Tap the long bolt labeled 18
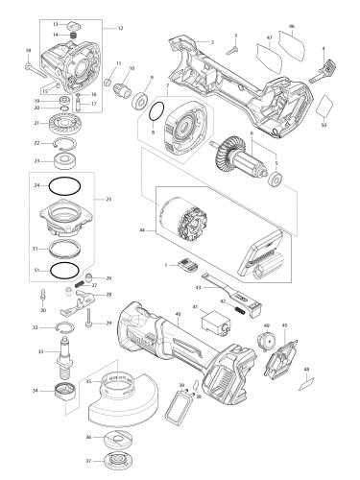coord(33,67)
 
